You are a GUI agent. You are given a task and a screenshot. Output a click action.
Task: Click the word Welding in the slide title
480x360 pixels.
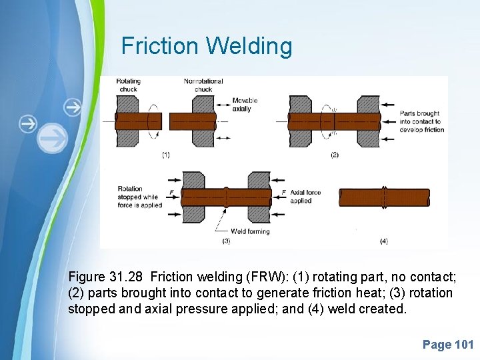249,47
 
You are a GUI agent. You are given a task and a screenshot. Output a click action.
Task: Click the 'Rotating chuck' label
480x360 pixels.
128,85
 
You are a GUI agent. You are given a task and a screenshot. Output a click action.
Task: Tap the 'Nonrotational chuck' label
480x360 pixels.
203,85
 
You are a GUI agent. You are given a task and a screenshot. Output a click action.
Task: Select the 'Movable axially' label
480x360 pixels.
245,105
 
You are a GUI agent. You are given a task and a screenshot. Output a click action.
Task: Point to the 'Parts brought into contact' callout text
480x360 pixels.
420,121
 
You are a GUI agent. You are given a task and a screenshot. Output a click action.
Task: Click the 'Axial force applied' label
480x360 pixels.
305,196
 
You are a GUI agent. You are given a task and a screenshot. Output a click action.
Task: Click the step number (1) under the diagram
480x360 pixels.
165,155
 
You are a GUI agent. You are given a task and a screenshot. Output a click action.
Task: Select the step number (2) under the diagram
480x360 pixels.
335,155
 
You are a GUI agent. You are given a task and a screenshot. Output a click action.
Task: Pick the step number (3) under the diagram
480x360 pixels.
226,241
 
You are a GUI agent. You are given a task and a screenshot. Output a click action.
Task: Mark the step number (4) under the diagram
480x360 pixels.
383,241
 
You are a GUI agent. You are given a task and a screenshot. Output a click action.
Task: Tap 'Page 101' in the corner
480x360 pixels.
448,345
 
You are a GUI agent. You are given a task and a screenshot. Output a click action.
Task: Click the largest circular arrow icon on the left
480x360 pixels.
53,139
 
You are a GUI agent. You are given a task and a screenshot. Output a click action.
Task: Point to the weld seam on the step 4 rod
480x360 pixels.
385,197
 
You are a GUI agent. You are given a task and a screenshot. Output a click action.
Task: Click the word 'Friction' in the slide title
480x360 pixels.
160,47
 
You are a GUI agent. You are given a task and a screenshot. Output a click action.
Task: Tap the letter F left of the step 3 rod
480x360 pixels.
173,192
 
